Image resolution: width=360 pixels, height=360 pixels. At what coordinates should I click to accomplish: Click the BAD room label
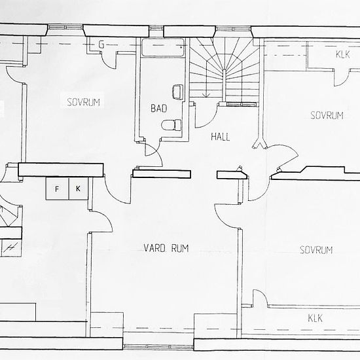(158, 108)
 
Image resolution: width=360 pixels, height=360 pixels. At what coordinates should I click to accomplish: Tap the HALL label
(220, 137)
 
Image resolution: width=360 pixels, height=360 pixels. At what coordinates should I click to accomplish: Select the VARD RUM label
(166, 248)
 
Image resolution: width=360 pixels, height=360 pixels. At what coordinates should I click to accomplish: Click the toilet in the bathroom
(171, 125)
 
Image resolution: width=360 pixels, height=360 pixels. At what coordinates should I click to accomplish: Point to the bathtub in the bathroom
(163, 48)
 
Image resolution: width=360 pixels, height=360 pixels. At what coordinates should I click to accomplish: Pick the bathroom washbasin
(177, 92)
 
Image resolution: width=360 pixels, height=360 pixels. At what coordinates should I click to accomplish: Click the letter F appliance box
(58, 189)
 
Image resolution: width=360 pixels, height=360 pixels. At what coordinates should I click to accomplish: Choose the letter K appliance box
(79, 189)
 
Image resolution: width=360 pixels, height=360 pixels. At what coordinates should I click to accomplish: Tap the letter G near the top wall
(101, 45)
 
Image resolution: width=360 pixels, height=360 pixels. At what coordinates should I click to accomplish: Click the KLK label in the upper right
(342, 54)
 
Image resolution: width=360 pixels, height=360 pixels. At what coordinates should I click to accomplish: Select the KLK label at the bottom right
(315, 318)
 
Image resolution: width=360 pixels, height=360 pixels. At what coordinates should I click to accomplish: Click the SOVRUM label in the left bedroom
(83, 102)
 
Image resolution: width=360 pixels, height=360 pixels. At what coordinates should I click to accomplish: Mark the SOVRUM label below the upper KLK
(327, 115)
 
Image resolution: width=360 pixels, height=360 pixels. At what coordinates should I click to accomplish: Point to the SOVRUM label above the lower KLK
(316, 250)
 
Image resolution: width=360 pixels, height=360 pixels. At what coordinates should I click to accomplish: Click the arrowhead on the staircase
(206, 95)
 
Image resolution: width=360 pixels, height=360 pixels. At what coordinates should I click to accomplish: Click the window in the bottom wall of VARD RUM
(158, 347)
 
